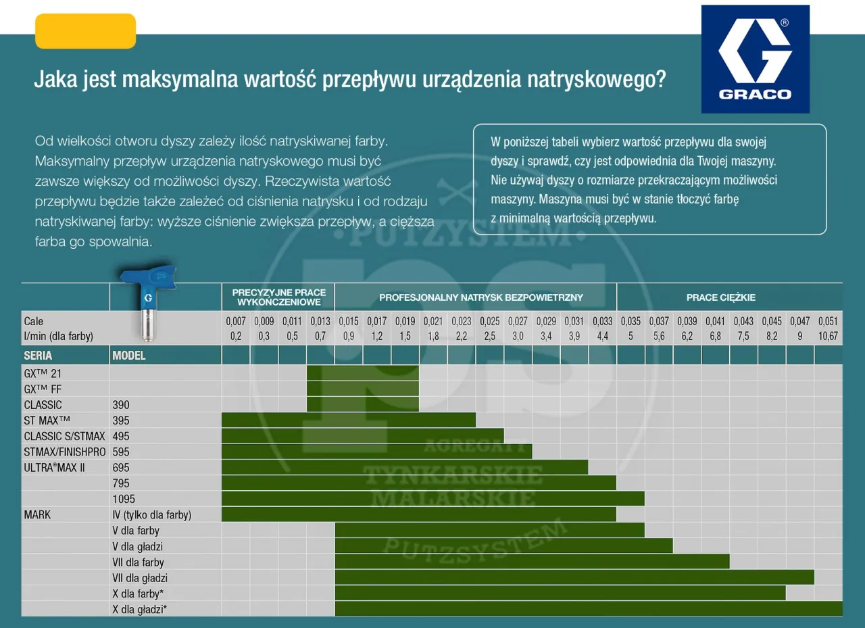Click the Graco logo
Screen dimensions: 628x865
point(755,59)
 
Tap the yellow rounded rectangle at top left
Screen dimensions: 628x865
point(85,31)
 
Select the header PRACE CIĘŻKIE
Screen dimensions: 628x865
point(720,297)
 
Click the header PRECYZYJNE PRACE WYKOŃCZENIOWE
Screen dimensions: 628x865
point(278,297)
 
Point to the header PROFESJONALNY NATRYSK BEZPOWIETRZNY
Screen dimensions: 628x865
point(480,297)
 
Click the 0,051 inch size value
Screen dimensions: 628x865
point(828,322)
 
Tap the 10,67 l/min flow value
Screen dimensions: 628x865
point(828,336)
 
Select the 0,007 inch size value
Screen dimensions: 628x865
point(236,322)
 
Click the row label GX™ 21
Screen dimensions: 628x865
point(43,373)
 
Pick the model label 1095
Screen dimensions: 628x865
point(124,499)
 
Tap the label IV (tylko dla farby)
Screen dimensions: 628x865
point(151,515)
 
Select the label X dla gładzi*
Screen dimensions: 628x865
point(139,609)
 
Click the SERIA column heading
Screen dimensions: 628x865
point(38,355)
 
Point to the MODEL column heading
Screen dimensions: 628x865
point(128,355)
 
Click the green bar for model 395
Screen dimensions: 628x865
point(348,420)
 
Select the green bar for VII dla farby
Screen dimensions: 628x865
point(532,561)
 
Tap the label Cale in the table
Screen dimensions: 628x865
point(33,321)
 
